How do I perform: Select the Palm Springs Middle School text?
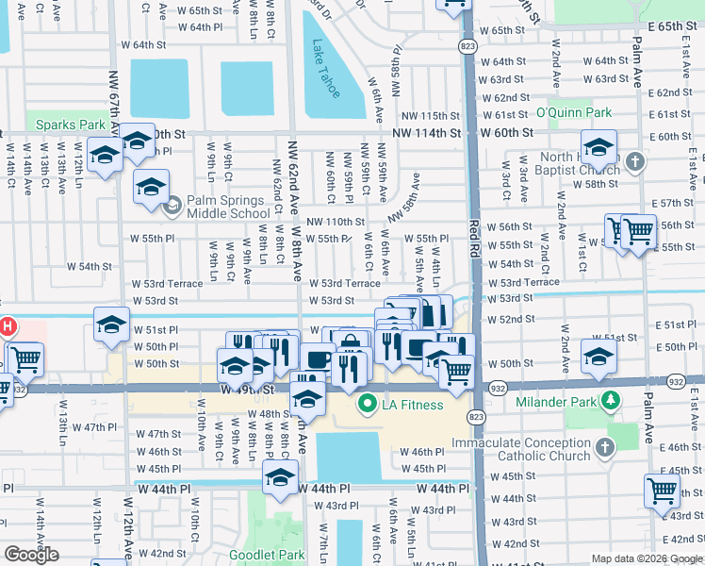229,207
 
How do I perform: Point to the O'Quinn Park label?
574,113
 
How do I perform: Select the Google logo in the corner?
31,555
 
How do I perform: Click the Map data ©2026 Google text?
647,558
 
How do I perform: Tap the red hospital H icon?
7,328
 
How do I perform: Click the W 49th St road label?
247,389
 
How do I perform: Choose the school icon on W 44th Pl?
279,477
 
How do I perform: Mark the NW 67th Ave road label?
115,90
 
